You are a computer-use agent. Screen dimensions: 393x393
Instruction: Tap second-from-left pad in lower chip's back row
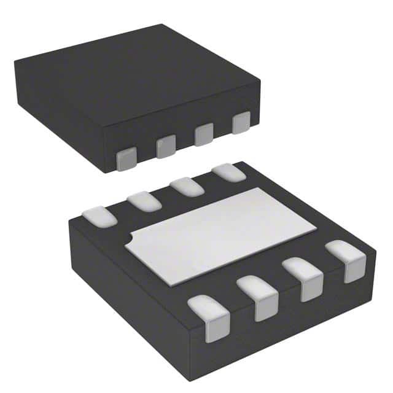[x=144, y=200]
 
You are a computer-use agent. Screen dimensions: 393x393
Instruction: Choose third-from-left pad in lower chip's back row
[x=187, y=186]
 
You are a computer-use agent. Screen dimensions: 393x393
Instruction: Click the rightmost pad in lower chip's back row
[x=228, y=172]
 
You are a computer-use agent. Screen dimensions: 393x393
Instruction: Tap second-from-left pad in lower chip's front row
[x=258, y=297]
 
